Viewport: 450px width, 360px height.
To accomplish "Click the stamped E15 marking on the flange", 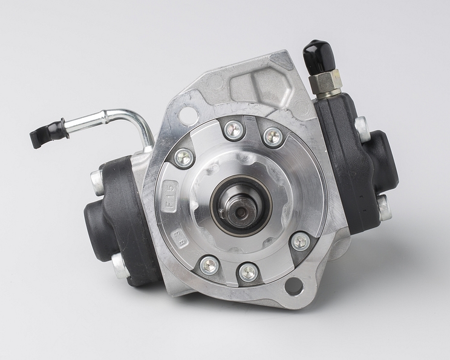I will [167, 196].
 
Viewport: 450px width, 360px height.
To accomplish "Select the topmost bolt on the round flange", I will [233, 129].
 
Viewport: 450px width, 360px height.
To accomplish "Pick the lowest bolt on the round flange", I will [248, 272].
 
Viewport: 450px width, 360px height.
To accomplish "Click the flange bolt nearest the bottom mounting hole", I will [300, 242].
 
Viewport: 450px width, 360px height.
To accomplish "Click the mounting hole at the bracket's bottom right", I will [294, 286].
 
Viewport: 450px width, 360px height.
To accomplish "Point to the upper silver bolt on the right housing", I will [362, 128].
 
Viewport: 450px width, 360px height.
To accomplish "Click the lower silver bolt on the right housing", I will [383, 207].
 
